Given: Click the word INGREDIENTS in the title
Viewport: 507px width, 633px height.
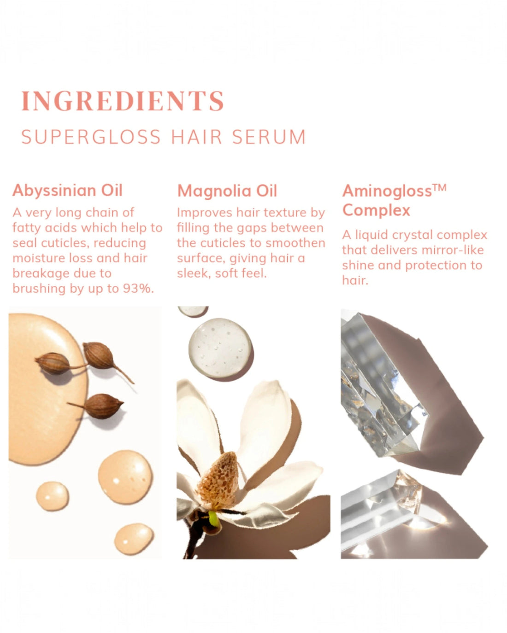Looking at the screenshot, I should tap(123, 101).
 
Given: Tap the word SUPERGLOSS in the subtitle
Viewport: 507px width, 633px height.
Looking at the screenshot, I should tap(91, 137).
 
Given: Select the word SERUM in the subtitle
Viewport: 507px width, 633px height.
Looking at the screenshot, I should tap(269, 137).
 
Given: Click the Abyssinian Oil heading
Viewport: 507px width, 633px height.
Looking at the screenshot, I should tap(67, 190).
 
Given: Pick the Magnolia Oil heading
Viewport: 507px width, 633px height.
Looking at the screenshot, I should tap(227, 191).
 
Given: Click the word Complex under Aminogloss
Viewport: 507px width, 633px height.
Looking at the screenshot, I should tap(376, 210).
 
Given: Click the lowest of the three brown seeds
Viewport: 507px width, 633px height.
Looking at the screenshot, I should tap(103, 406).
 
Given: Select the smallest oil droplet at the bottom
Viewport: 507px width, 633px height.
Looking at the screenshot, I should tap(52, 496).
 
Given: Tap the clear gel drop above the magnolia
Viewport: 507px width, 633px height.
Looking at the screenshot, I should tap(220, 348).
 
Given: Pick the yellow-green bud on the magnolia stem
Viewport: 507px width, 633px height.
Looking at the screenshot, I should tap(213, 518).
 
